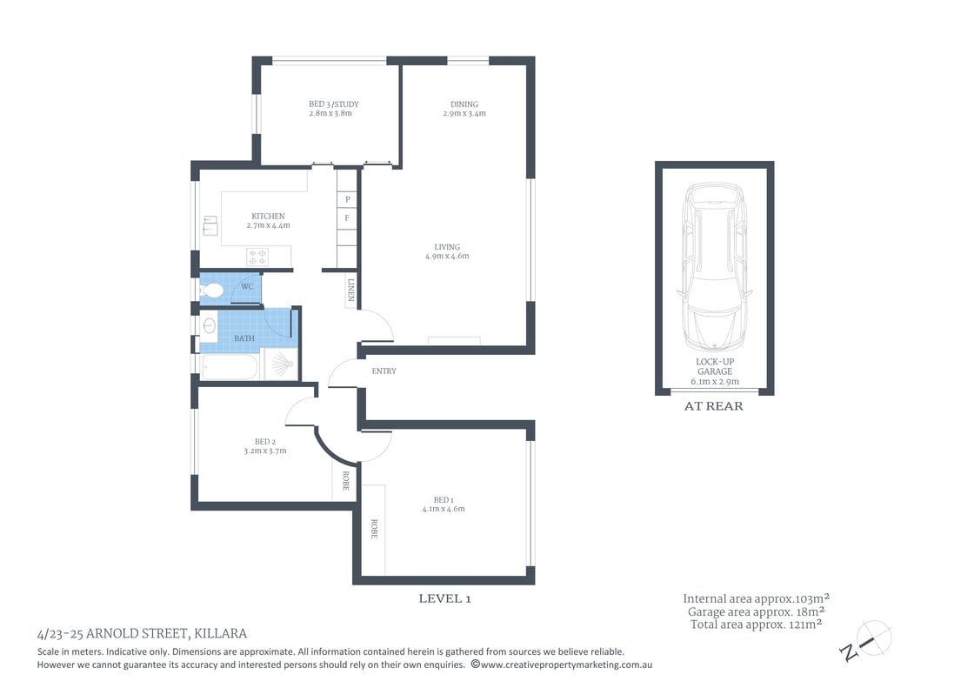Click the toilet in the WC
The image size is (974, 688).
tap(213, 289)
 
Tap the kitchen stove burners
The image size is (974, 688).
tap(258, 256)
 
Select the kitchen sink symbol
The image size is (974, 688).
tap(210, 227)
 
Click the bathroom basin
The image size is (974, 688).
tap(209, 327)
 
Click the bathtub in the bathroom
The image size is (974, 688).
tap(229, 366)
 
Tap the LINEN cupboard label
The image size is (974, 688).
tap(350, 291)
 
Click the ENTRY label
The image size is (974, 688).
tap(384, 371)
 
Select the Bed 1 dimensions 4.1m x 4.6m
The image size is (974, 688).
tap(444, 509)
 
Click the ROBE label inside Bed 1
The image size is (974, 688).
tap(374, 529)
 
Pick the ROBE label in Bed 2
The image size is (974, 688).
tap(345, 481)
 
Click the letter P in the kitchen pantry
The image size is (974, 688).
tap(347, 199)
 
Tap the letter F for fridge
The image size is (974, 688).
tap(347, 217)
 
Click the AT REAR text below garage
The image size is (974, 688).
tap(714, 406)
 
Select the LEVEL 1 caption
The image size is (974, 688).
tap(444, 598)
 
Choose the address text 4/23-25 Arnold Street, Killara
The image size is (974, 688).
tap(142, 633)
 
